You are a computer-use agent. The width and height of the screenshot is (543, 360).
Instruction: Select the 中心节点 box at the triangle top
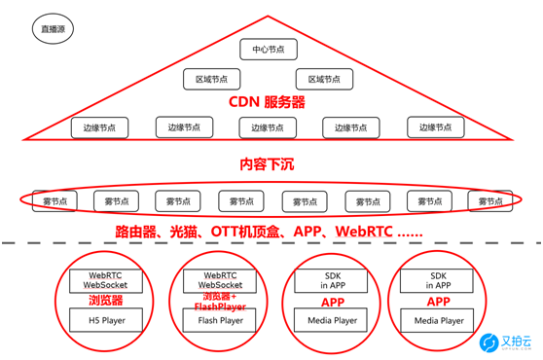pos(266,49)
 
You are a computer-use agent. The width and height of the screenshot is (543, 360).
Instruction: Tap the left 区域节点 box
pos(211,79)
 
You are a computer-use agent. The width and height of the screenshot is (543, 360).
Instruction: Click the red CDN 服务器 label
pos(267,103)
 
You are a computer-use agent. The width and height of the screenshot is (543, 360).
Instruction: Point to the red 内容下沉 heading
pos(267,165)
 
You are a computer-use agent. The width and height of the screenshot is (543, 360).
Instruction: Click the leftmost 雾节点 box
pos(55,201)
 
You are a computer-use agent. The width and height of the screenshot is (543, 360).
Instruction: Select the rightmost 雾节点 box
pos(490,201)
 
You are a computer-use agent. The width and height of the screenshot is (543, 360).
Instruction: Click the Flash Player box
pos(221,319)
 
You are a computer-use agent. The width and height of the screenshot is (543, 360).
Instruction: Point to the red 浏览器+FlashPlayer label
pos(221,302)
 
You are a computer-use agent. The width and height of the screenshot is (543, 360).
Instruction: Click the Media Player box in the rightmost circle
pos(439,319)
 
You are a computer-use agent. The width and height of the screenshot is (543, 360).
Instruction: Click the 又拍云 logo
pos(505,341)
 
